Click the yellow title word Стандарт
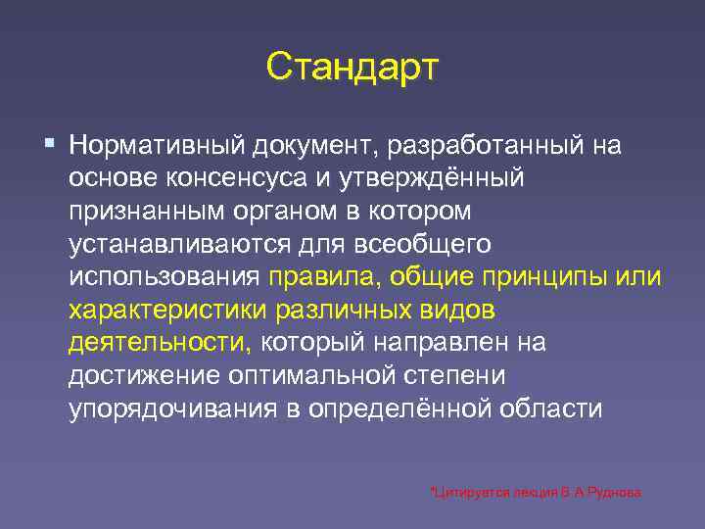pos(352,68)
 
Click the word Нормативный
pos(156,146)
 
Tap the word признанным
pos(144,212)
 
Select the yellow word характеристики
pos(167,311)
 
